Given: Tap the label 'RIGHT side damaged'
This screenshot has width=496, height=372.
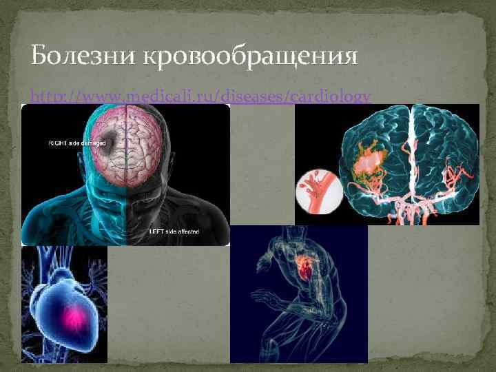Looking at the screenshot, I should coord(76,143).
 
